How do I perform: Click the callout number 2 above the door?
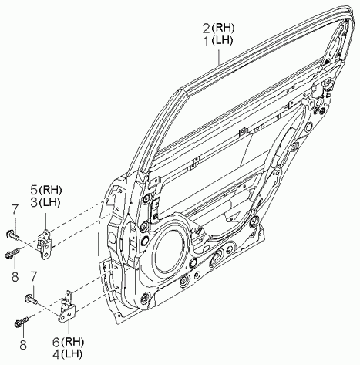click(x=206, y=28)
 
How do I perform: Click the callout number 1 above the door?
click(x=207, y=41)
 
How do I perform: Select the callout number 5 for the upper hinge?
click(x=34, y=190)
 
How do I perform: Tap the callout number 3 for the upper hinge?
click(x=34, y=202)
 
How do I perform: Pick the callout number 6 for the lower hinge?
click(x=56, y=342)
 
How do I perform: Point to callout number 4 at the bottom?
click(x=56, y=354)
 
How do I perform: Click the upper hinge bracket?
click(x=45, y=245)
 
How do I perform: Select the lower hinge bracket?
click(x=66, y=306)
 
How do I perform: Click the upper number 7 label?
click(x=15, y=210)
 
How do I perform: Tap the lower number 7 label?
click(x=33, y=276)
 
